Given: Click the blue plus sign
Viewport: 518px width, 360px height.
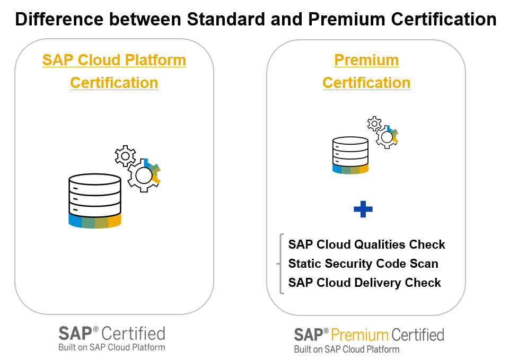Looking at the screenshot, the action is coord(363,209).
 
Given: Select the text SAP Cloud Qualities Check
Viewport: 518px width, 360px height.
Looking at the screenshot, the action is coord(366,245).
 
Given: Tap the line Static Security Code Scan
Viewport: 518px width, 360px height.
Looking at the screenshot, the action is coord(363,264).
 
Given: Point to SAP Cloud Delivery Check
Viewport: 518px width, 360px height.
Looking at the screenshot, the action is coord(364,283).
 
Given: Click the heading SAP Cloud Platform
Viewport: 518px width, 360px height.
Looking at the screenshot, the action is coord(114,60).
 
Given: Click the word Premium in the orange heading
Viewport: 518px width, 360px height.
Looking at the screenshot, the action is coord(366,60).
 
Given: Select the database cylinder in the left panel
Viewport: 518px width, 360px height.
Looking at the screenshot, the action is coord(95,201).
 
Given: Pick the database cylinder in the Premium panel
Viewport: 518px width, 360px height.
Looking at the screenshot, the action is coord(350,155).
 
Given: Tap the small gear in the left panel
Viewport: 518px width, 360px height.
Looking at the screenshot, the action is coord(125,155).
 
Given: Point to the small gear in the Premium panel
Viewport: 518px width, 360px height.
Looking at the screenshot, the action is coord(374,124).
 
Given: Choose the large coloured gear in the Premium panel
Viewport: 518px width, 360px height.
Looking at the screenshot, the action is coord(387,137).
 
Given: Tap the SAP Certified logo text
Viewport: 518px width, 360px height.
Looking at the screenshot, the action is coord(112,333).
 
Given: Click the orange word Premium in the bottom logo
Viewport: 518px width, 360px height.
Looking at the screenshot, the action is coord(360,335).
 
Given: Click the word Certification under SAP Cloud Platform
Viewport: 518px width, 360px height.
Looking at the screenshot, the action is coord(114,83).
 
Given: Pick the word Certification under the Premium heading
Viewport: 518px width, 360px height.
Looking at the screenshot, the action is coord(366,83).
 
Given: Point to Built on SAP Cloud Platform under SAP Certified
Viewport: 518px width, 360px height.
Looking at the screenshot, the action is coord(112,347).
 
